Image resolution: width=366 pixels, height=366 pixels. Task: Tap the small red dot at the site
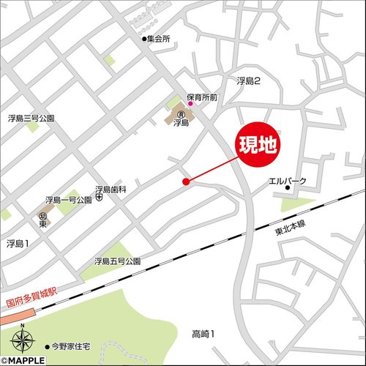pos(186,181)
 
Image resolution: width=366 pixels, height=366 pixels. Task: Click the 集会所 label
pos(158,40)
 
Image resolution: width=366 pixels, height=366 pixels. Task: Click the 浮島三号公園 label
pos(31,117)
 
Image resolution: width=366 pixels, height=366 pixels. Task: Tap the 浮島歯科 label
pos(111,189)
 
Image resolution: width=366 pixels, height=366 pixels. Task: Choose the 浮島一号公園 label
pos(68,199)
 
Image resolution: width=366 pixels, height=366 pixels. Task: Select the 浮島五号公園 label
pos(116,261)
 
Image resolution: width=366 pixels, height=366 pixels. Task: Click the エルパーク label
pos(288,180)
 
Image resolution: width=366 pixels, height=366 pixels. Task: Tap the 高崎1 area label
pos(203,334)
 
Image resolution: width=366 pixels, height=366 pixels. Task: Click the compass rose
pos(23,339)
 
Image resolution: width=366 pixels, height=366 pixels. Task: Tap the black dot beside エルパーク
pos(288,190)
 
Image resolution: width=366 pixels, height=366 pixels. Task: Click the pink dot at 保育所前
pos(189,104)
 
